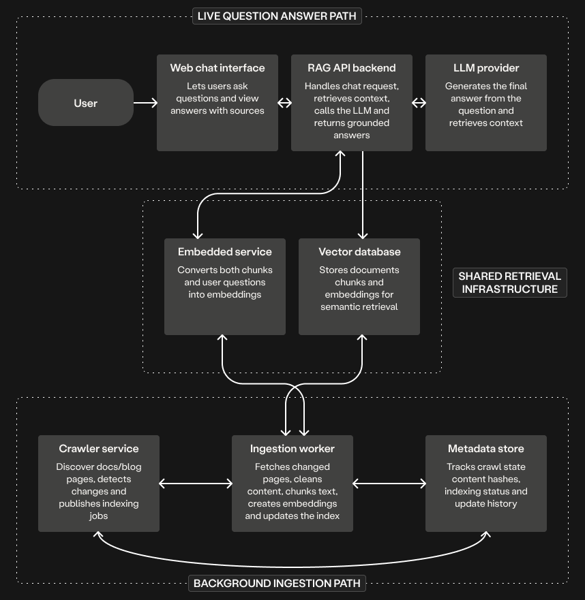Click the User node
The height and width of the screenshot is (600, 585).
click(x=86, y=103)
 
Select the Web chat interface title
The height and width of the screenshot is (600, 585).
click(x=217, y=68)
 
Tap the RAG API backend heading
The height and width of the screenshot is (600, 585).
click(x=352, y=68)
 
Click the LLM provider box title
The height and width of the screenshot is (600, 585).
click(x=486, y=68)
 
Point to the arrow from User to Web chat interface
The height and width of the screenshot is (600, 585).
click(x=145, y=103)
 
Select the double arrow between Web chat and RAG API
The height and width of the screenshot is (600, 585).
click(x=284, y=103)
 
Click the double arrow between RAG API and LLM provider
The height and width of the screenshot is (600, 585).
click(x=419, y=103)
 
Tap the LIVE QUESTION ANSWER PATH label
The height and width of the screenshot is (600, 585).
click(x=277, y=16)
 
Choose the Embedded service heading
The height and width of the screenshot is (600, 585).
click(x=225, y=252)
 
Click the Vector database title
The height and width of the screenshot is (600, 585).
click(x=359, y=252)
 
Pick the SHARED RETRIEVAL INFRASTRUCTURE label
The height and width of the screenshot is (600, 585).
click(x=509, y=283)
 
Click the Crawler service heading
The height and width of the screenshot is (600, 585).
click(x=99, y=449)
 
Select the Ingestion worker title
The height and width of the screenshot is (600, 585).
click(x=292, y=449)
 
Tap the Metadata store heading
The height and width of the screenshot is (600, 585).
click(x=486, y=449)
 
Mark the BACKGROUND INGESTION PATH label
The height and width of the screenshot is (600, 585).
click(x=277, y=583)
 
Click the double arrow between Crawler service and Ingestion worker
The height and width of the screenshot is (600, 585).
click(x=196, y=484)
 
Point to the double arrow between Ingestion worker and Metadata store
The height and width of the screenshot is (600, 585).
click(x=389, y=484)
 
